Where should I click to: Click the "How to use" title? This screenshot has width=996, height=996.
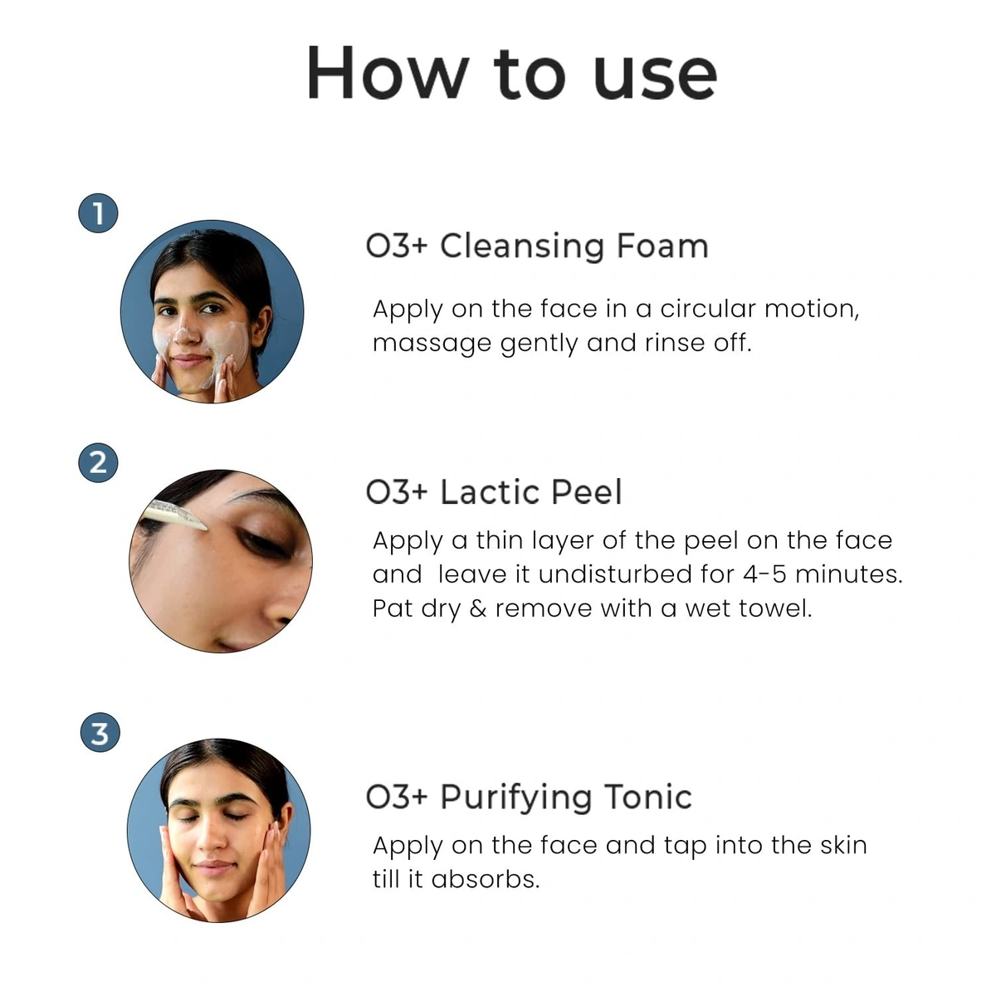[x=511, y=73]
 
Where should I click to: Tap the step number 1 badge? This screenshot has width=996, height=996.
[x=98, y=213]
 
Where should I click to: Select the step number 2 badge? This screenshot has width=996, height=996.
[x=98, y=461]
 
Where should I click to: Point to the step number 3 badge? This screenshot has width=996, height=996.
[x=100, y=733]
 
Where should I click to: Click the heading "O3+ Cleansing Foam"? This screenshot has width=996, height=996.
[x=536, y=247]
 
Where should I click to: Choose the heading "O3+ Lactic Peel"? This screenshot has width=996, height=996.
[x=493, y=492]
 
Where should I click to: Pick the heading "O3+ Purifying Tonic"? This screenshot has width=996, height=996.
[x=528, y=797]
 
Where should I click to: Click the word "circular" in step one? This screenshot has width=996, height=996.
[x=707, y=309]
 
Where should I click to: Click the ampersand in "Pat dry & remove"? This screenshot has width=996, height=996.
[x=477, y=608]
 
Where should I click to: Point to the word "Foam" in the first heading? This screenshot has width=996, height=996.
[x=662, y=247]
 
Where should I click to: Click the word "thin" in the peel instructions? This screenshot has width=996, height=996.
[x=503, y=540]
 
